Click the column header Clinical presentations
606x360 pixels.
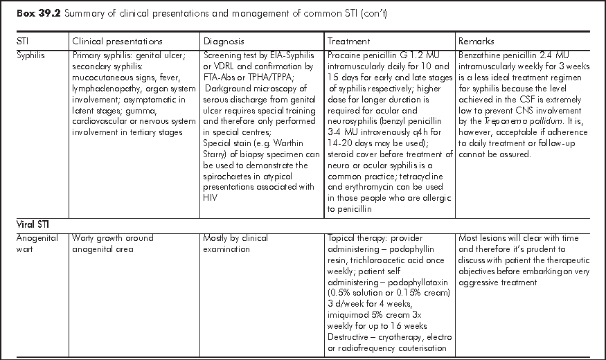coord(117,42)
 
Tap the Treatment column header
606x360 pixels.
coord(349,42)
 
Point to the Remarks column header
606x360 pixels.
coord(476,42)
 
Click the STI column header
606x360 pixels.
coord(23,42)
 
